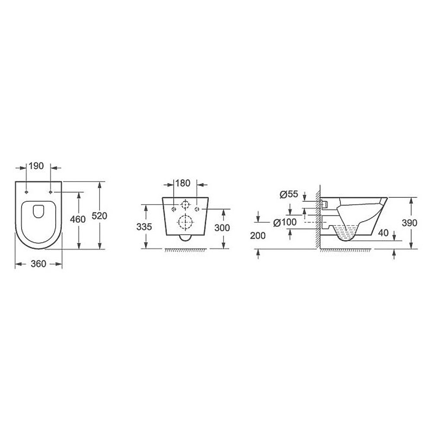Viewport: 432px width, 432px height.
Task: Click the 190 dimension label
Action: (x=36, y=166)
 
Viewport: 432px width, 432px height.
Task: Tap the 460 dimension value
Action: (x=78, y=219)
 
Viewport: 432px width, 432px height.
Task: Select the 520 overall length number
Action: (x=99, y=216)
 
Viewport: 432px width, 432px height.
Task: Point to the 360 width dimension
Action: (x=38, y=264)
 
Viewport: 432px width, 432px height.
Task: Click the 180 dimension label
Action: (x=183, y=183)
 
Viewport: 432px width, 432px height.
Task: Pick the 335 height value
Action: (x=144, y=227)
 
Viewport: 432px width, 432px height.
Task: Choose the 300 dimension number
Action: (x=222, y=228)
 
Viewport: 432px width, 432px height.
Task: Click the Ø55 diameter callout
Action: (x=289, y=194)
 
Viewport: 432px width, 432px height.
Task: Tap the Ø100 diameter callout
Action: (x=285, y=222)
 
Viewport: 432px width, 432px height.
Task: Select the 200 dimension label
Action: (x=258, y=235)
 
